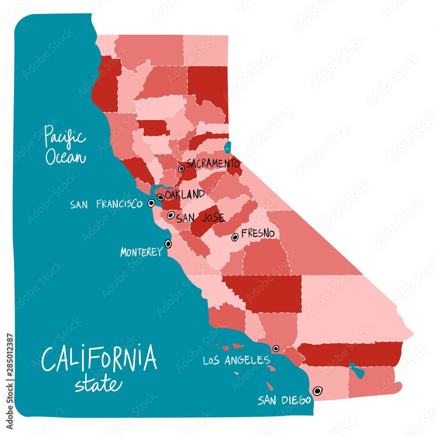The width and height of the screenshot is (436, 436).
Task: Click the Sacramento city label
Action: pos(213,164)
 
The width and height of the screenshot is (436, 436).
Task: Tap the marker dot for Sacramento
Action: pos(181,168)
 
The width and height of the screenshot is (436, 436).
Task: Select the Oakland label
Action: pos(185,194)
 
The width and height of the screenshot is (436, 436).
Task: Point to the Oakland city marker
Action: pos(161,197)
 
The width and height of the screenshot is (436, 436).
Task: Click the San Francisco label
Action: pos(106,204)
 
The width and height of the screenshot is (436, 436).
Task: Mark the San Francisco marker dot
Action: pos(151,203)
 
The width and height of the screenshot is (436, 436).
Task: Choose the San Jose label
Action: pos(200,218)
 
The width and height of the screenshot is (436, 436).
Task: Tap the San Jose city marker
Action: pos(171,215)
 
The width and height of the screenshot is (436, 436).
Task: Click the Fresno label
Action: pos(258,234)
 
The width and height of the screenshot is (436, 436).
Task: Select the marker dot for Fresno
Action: pos(235,237)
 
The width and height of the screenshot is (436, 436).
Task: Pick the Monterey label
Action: pos(141,252)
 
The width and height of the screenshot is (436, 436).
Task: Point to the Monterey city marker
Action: pos(168,244)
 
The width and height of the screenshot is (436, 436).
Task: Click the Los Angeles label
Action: pos(236,360)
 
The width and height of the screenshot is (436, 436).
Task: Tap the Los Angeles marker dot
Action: pos(276,348)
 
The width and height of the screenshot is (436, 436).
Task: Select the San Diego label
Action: pos(283,400)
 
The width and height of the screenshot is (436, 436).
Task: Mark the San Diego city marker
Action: pos(317,391)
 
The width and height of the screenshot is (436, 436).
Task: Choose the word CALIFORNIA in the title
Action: pos(99,358)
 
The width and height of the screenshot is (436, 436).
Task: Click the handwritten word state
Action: pos(98,385)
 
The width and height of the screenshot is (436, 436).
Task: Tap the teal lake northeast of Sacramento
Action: pos(228,147)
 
